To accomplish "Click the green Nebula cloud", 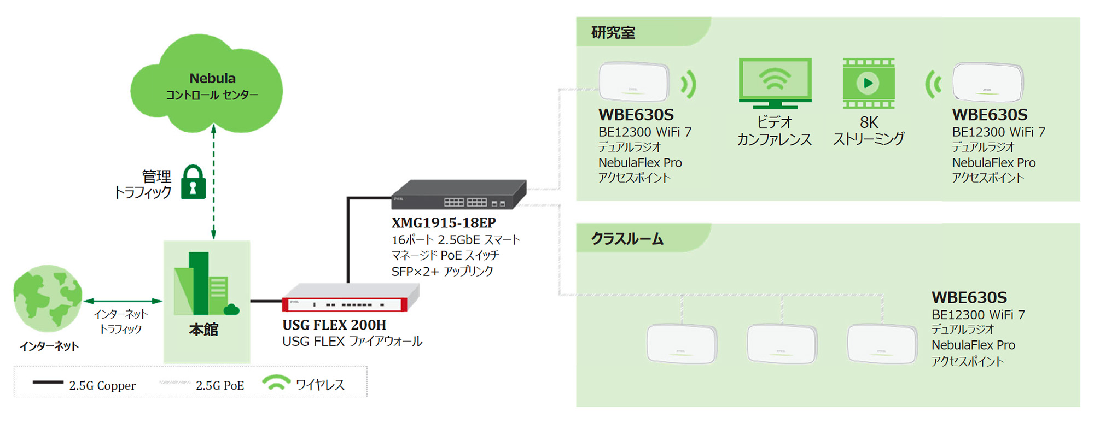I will click(x=207, y=85).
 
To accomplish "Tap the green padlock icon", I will click(x=193, y=183).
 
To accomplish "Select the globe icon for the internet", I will click(x=48, y=298).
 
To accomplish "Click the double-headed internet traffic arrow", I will click(x=123, y=301).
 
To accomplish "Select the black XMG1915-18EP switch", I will click(x=459, y=195).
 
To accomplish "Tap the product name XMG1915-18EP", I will click(x=444, y=223).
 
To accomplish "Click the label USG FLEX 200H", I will click(x=334, y=325).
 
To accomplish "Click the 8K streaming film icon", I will click(x=868, y=83).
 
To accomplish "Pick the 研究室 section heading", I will click(x=613, y=33).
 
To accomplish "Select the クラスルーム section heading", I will click(x=627, y=239).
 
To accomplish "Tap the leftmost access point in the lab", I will click(x=634, y=83).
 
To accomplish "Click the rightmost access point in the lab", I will click(x=987, y=83).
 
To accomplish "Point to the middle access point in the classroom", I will click(x=782, y=344).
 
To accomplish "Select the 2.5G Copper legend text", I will click(x=102, y=386).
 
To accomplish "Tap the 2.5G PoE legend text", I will click(x=220, y=386).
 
